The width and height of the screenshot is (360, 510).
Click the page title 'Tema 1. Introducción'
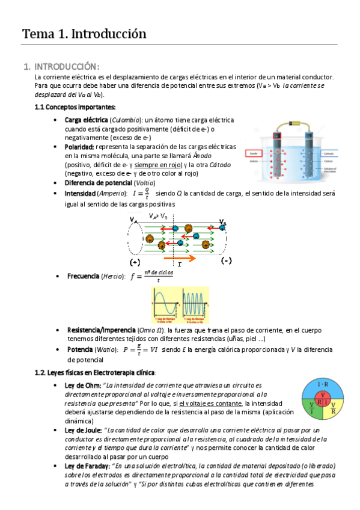[84, 34]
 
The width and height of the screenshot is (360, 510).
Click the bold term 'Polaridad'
[79, 147]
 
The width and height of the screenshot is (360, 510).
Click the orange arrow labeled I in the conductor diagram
[179, 257]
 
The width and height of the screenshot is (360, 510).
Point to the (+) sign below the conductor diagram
[135, 263]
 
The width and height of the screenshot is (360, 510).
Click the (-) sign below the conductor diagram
[226, 262]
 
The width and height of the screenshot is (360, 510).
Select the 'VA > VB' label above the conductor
[159, 216]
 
